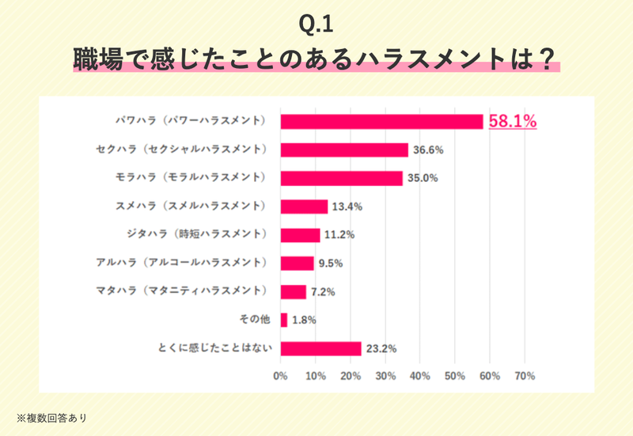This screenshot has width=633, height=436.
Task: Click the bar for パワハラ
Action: [x=381, y=121]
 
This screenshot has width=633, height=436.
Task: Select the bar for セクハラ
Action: [x=344, y=150]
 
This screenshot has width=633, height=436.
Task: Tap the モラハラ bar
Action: [x=341, y=178]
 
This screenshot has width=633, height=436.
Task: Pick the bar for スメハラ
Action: [x=304, y=207]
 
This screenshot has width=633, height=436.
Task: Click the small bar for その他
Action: [x=284, y=320]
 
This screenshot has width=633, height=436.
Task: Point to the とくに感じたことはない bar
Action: [x=320, y=348]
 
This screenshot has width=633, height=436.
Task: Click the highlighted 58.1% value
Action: [x=513, y=121]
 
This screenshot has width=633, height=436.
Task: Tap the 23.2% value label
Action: [x=381, y=348]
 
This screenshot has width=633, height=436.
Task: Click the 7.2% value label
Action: [x=324, y=292]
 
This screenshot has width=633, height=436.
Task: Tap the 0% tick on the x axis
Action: [x=280, y=375]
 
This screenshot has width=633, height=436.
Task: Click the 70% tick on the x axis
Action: [x=525, y=375]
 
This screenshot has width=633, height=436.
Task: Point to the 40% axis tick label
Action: [x=419, y=375]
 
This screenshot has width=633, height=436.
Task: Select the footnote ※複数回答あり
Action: [x=51, y=416]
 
